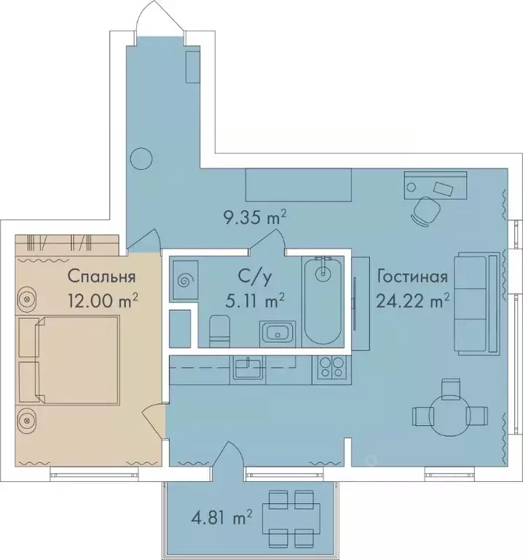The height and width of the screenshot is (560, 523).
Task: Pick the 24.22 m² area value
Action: click(412, 299)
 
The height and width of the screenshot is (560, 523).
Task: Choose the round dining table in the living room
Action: click(450, 414)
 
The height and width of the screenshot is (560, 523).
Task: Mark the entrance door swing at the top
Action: click(158, 18)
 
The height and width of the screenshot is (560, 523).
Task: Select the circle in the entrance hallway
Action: click(140, 159)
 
